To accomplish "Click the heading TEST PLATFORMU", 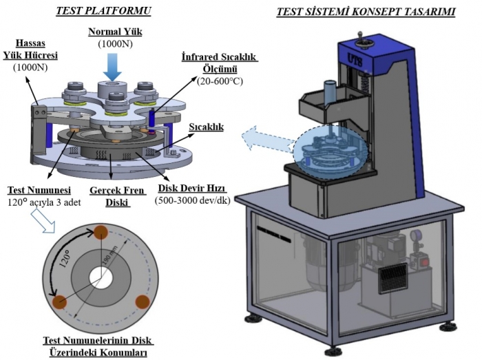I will [103, 10].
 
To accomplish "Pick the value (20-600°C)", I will [219, 81].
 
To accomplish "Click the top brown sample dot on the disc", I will [103, 231].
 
